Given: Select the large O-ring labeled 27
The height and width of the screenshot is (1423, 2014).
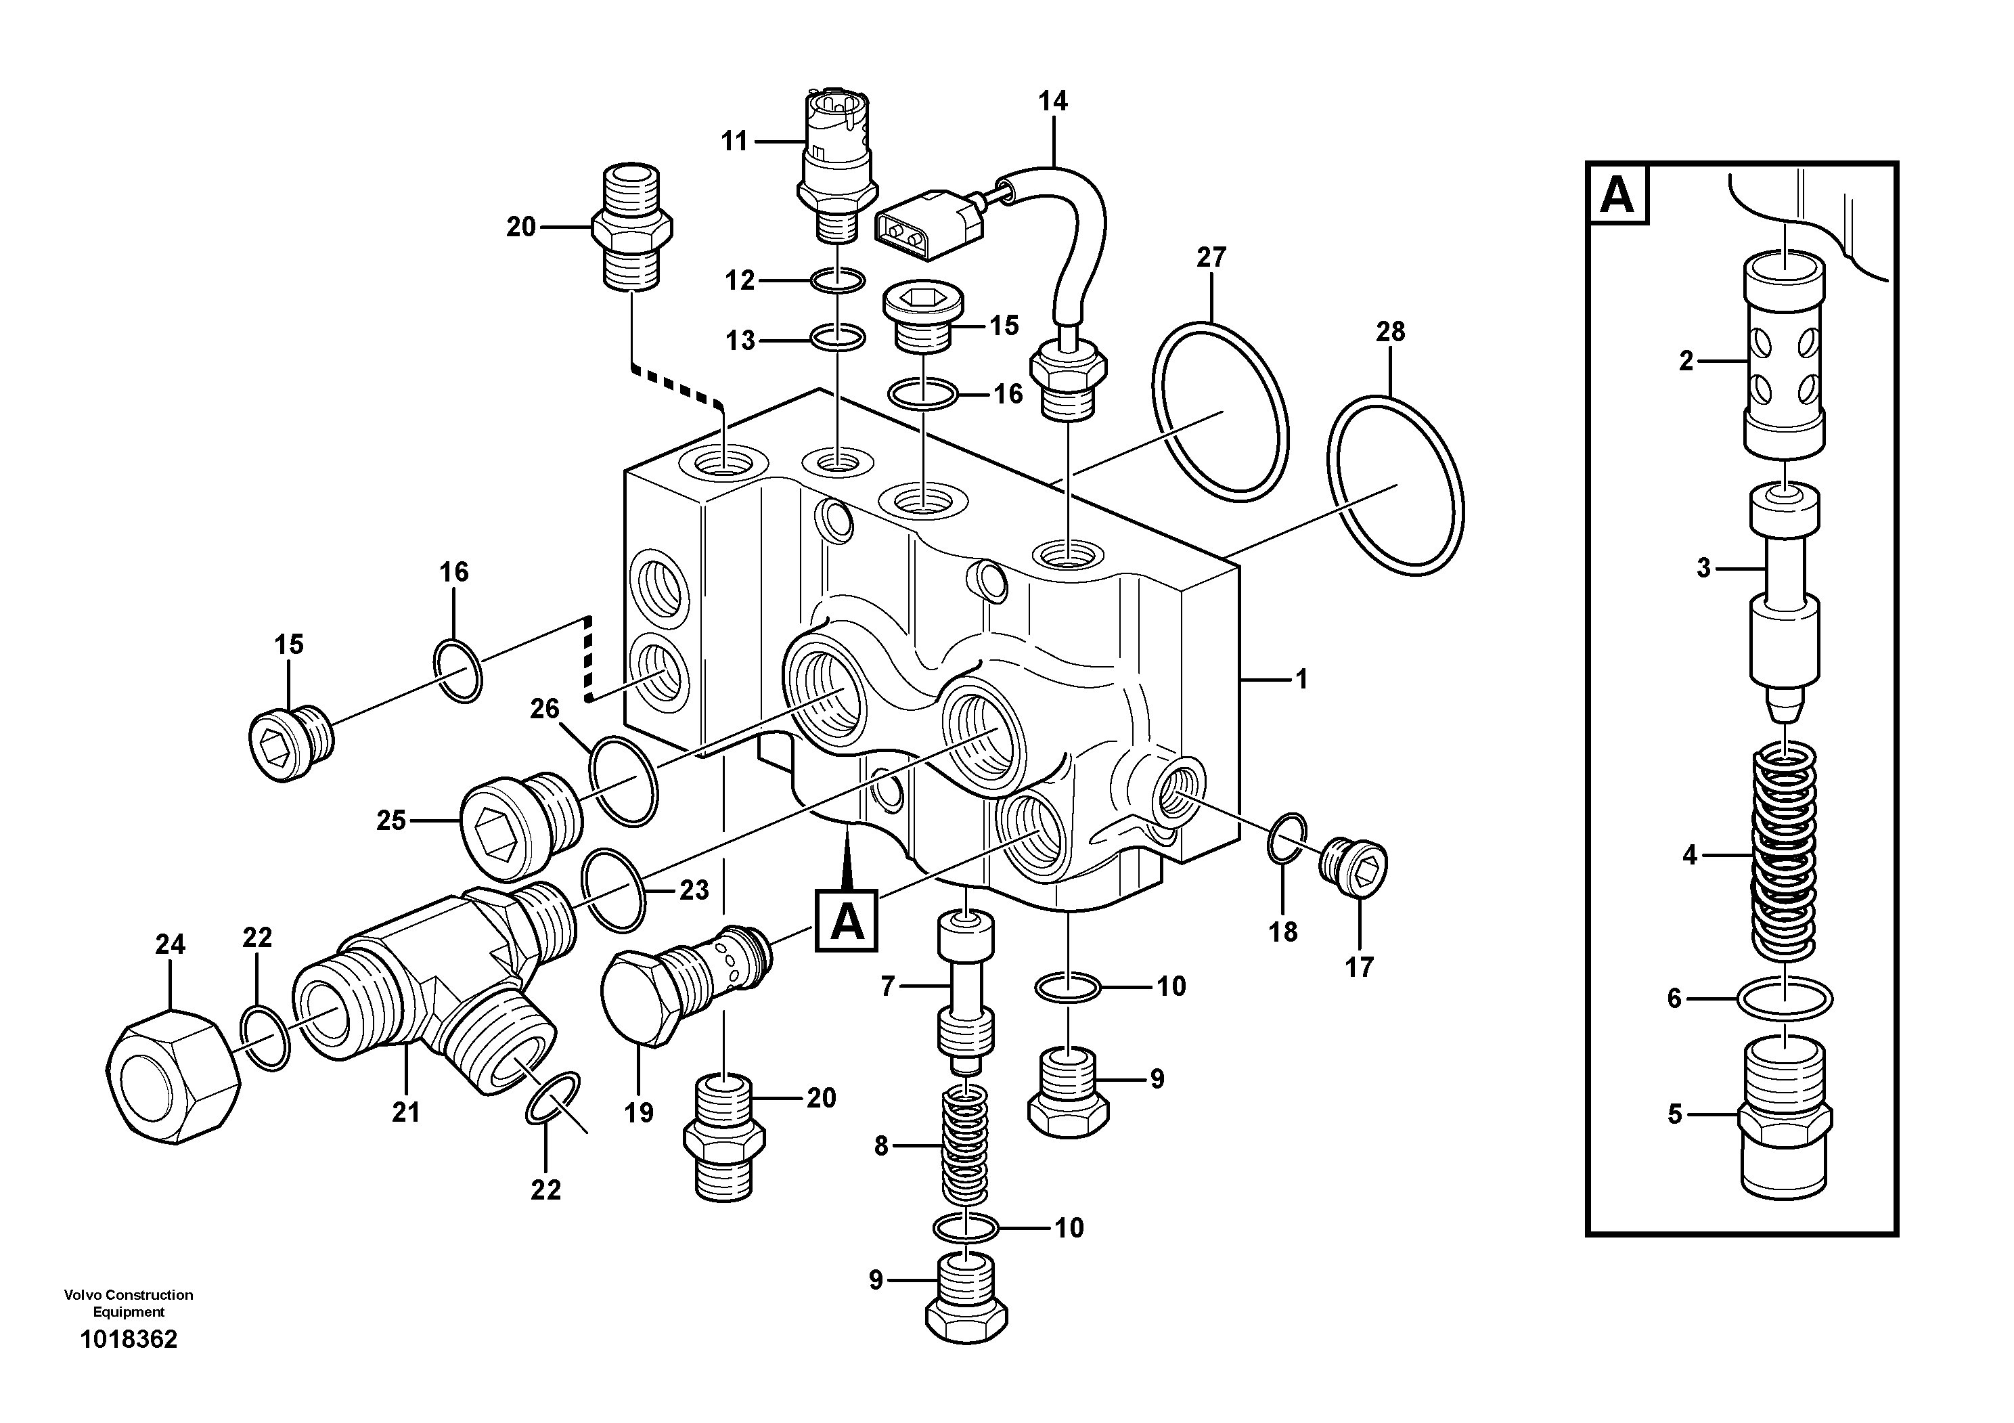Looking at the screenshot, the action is click(x=1219, y=413).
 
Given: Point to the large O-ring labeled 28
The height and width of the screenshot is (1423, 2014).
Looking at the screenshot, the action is click(x=1395, y=487).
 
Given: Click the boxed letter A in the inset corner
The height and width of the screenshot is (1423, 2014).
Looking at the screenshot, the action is click(x=1617, y=195).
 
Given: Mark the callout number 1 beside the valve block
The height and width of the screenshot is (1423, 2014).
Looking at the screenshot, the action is click(x=1302, y=680).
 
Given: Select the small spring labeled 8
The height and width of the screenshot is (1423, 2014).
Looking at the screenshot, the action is click(x=965, y=1145).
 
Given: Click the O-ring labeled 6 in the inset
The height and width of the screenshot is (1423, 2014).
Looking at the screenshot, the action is click(x=1785, y=999).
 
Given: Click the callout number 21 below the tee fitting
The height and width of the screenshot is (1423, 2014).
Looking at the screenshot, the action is click(x=405, y=1112).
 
